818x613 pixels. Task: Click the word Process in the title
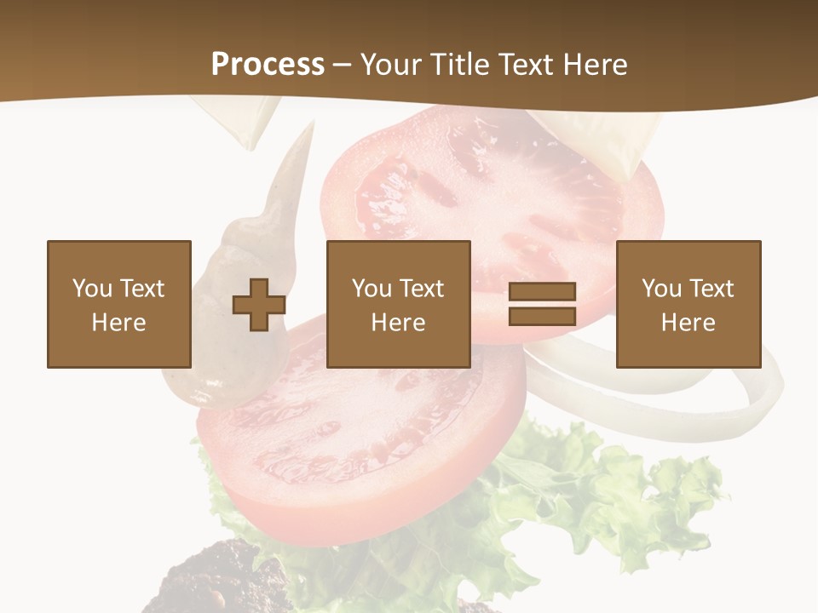pos(268,65)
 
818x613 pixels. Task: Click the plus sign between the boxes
pos(259,304)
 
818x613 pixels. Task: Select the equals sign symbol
pos(542,304)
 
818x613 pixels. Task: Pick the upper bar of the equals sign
pos(542,292)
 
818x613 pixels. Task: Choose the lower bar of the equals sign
pos(542,316)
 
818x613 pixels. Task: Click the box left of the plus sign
pos(118,304)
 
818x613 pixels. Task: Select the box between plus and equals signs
pos(398,304)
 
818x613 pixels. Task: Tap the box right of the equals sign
pos(688,304)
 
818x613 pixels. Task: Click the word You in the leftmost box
pos(91,288)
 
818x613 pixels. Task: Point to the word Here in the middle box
pos(398,322)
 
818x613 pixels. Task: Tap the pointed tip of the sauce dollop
pos(308,128)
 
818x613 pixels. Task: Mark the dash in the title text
pos(342,65)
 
